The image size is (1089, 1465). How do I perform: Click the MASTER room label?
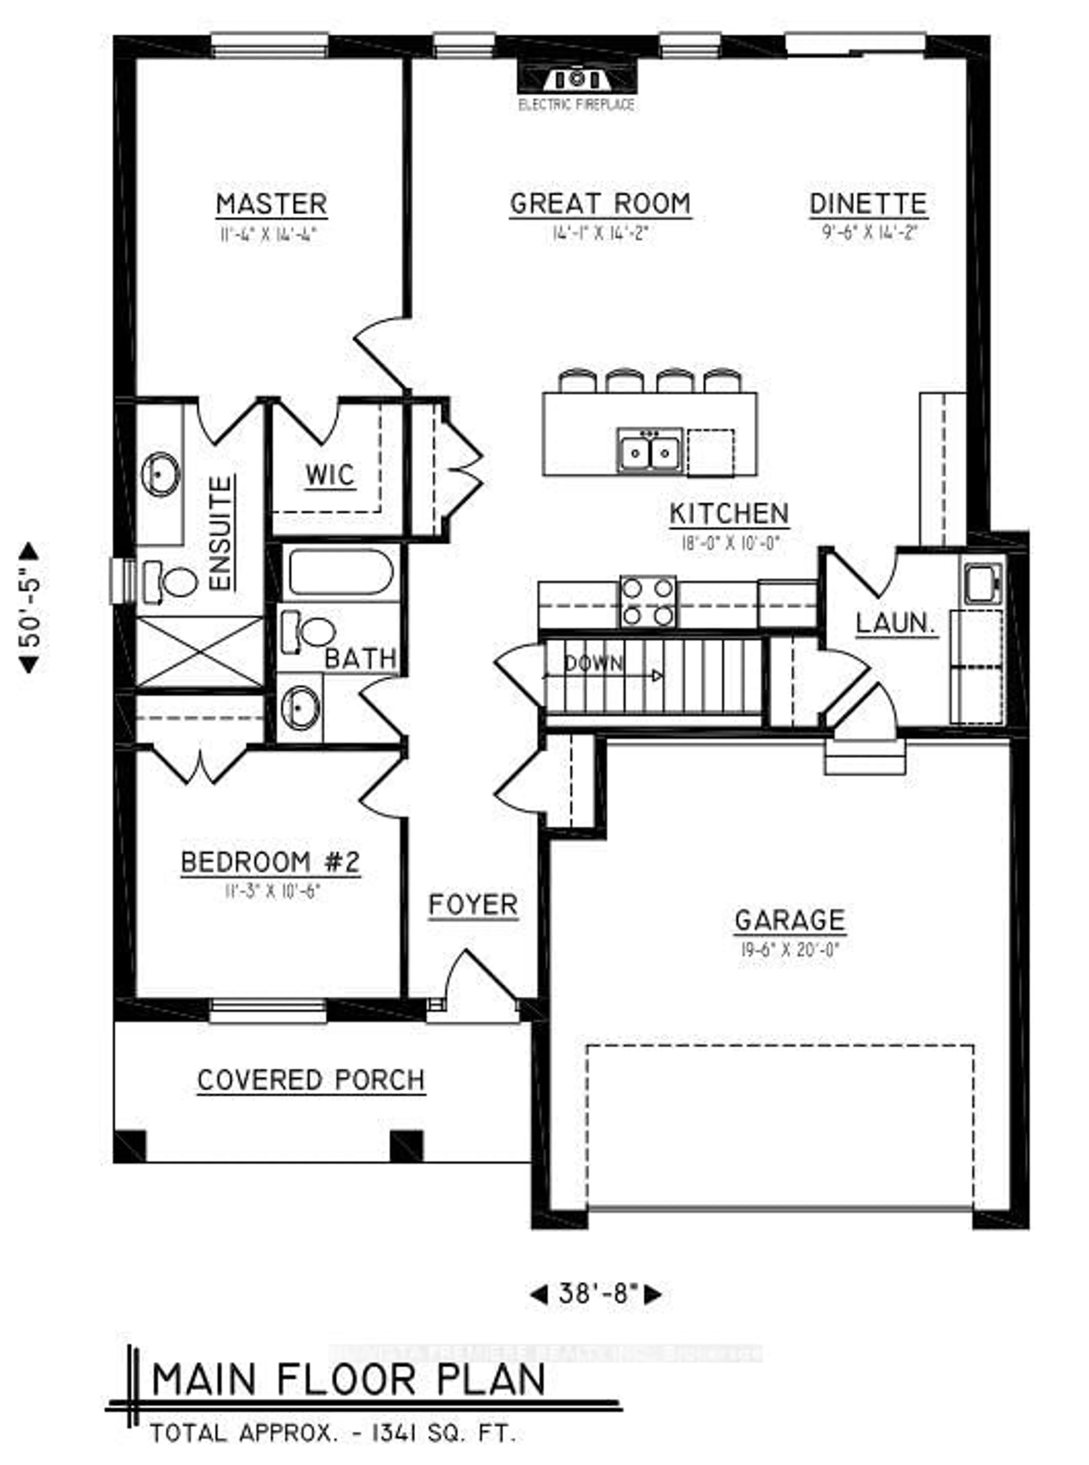click(272, 205)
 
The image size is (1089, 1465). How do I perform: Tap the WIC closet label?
click(330, 475)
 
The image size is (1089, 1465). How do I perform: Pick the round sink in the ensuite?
click(160, 474)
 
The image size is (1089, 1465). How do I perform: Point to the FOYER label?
click(473, 904)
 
